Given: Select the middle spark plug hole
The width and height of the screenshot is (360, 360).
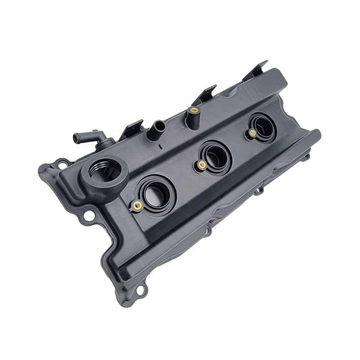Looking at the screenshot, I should click(215, 156).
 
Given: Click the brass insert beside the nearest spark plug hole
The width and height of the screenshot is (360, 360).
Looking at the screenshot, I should click(137, 205).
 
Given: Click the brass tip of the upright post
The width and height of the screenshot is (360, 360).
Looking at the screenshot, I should click(194, 110).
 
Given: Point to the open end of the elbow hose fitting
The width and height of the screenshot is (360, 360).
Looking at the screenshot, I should click(76, 138).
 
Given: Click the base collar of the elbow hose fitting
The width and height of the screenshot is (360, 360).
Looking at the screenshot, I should click(106, 143).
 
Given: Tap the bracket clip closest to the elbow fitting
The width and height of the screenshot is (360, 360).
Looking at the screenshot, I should click(132, 128).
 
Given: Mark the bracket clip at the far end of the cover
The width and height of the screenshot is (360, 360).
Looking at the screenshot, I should click(256, 70).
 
